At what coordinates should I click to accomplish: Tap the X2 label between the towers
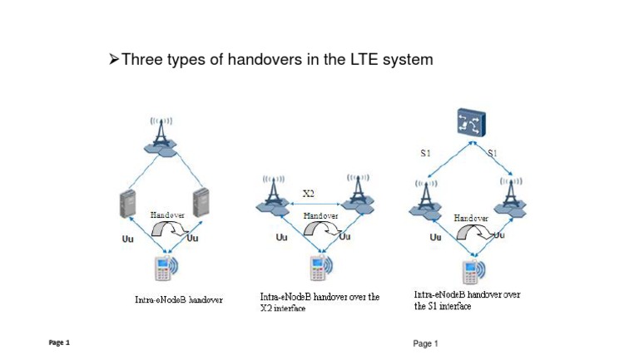pos(308,194)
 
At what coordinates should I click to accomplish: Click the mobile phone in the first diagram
pos(162,268)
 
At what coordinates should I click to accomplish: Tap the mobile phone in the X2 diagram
pos(318,266)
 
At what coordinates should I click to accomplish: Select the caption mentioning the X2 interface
pos(319,302)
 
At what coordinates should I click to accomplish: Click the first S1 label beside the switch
pos(425,153)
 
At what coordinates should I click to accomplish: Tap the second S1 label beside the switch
pos(492,153)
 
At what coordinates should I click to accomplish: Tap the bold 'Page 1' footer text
pos(59,343)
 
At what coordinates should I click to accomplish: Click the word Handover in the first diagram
pos(166,215)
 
